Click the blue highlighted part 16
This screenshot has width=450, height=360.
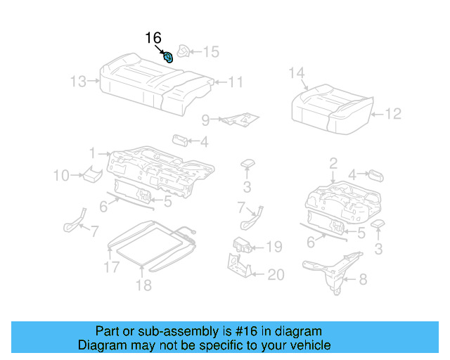click(169, 57)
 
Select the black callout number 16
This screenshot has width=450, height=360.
click(153, 38)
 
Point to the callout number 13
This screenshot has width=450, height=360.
click(78, 82)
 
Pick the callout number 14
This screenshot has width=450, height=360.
click(297, 72)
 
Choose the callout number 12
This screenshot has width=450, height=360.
click(393, 114)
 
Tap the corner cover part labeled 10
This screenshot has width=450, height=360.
click(90, 174)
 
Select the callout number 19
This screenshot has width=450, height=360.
click(274, 247)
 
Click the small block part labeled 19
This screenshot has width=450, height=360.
click(243, 246)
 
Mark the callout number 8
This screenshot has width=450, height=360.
click(363, 279)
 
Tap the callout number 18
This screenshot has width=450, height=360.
click(143, 285)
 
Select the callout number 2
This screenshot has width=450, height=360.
click(333, 164)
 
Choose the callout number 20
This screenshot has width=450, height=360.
click(275, 275)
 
